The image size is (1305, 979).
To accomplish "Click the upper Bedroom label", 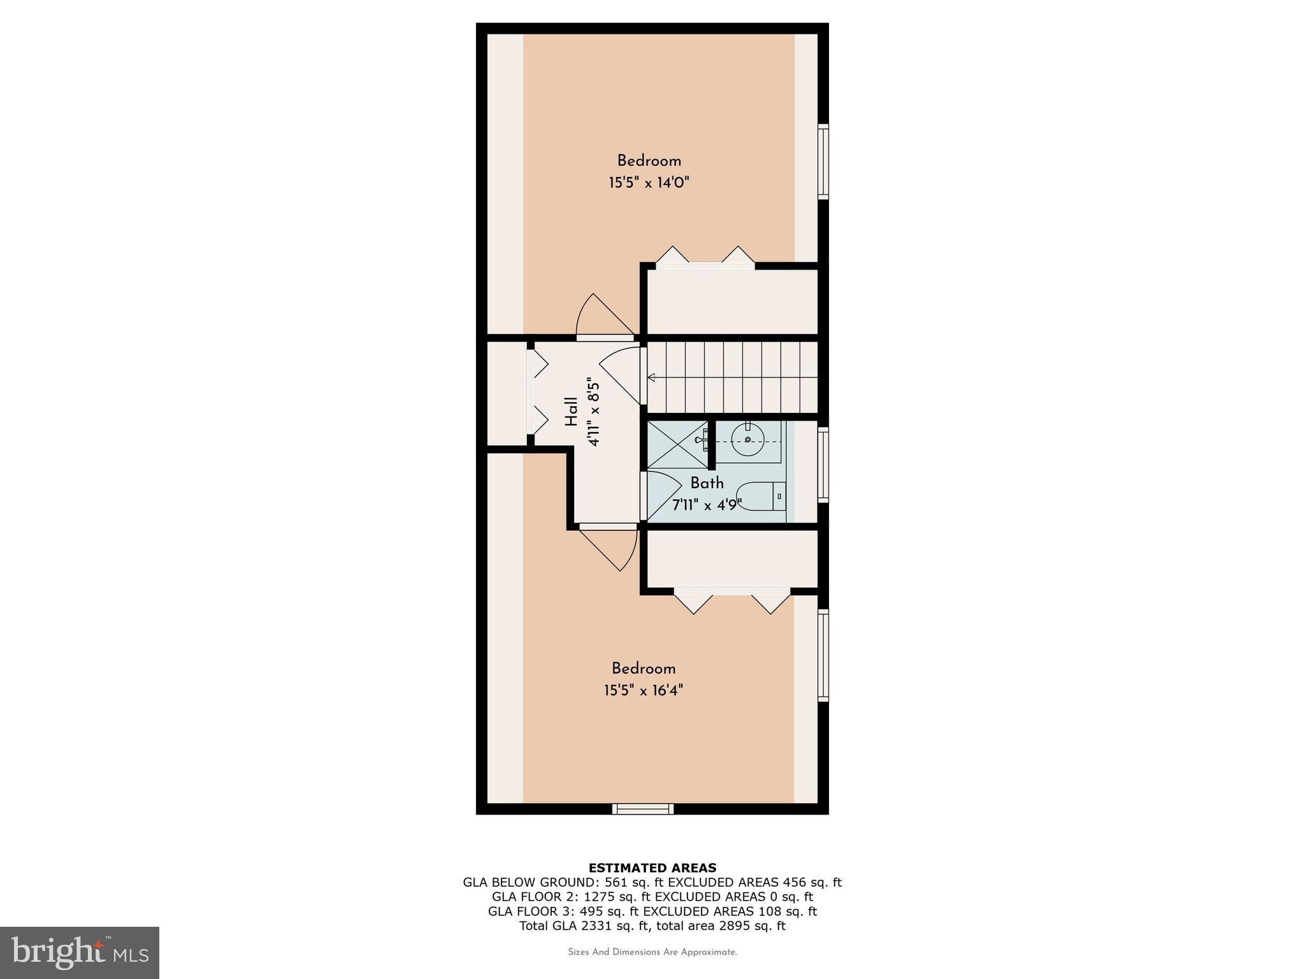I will click(649, 161).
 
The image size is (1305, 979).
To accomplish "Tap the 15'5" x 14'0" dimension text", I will click(649, 183).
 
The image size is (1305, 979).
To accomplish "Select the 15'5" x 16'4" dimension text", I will click(644, 690).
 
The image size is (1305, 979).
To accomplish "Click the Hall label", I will click(572, 412).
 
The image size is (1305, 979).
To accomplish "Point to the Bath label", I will click(707, 483).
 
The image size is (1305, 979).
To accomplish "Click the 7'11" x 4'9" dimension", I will click(707, 505).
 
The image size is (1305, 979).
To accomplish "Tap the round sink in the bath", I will click(747, 439).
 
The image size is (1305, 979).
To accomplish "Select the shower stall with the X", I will click(677, 445).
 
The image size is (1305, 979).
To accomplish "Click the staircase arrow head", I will click(651, 378).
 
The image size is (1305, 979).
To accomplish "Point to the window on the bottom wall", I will click(643, 809).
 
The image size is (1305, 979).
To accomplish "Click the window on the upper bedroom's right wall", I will click(823, 161).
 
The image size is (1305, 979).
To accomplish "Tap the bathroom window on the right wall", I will click(823, 465).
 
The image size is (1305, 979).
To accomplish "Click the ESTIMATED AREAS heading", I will click(652, 867).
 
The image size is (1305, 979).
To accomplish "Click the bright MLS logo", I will click(80, 952).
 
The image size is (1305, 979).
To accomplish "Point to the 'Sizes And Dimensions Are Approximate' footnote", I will click(652, 952).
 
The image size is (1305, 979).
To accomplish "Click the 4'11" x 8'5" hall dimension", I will click(594, 413).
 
